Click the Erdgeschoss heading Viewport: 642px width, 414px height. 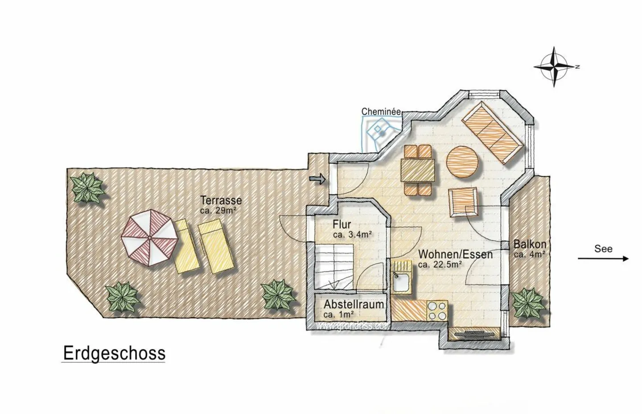pos(114,353)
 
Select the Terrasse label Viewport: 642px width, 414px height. pos(221,200)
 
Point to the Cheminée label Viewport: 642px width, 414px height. pos(381,112)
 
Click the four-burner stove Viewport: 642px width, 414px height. pos(437,311)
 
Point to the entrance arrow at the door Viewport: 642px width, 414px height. pos(317,179)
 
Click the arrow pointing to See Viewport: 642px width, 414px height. pos(603,258)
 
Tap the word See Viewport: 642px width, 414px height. pos(603,248)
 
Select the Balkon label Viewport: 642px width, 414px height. pos(530,244)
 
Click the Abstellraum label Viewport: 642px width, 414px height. pos(354,304)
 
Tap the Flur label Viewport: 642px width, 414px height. pos(342,224)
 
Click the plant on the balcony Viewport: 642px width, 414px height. pos(528,303)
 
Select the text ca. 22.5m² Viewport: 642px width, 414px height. pos(439,264)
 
